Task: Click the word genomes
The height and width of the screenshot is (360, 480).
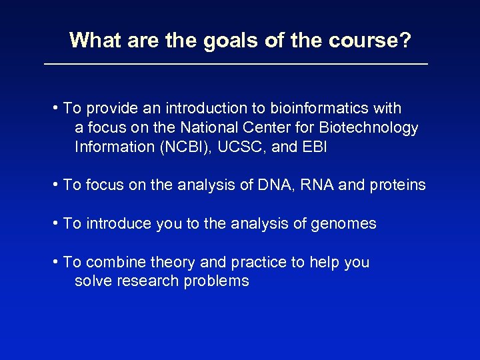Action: [x=344, y=224]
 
